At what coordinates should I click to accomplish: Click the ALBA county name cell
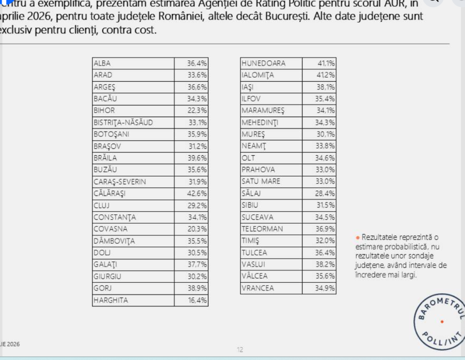(x=102, y=64)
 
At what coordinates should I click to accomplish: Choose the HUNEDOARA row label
(x=264, y=63)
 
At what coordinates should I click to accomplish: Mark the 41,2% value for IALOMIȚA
(x=326, y=75)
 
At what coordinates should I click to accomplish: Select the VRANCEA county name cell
(x=258, y=288)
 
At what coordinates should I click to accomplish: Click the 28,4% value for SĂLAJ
(x=326, y=193)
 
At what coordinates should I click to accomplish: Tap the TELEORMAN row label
(x=262, y=229)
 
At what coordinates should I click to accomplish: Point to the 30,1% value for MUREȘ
(x=326, y=134)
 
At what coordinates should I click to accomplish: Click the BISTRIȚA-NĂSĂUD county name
(x=123, y=122)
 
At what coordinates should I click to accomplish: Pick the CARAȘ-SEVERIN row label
(x=120, y=182)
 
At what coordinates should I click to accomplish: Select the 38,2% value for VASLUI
(x=326, y=264)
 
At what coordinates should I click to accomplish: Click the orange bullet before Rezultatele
(x=358, y=237)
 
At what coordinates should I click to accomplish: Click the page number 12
(x=240, y=350)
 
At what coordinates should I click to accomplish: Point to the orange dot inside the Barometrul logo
(x=442, y=322)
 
